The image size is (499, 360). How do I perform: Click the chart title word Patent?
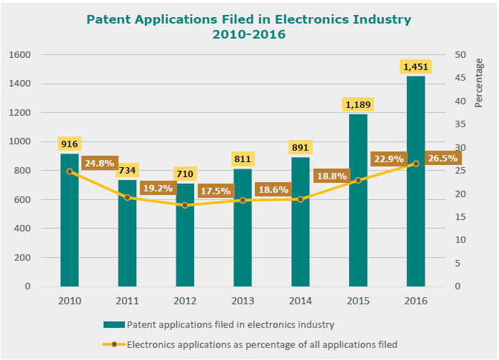click(x=109, y=19)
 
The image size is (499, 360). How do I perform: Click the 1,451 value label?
click(x=415, y=66)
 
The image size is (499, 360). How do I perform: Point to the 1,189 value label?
click(x=358, y=104)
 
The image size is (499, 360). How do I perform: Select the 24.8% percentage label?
click(x=99, y=163)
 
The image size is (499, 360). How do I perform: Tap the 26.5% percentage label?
click(x=443, y=159)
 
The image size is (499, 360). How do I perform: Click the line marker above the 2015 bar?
click(x=358, y=181)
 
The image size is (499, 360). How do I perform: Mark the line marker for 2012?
click(x=186, y=206)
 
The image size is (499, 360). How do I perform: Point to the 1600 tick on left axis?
click(x=19, y=55)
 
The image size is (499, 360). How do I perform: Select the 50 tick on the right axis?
click(x=460, y=55)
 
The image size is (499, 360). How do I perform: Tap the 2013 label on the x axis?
click(x=243, y=301)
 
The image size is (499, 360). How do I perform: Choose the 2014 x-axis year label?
click(x=301, y=301)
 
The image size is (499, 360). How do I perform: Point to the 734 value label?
click(x=128, y=171)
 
